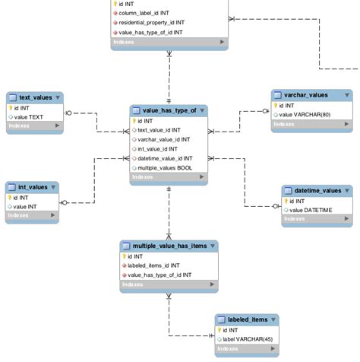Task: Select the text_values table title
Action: (x=35, y=97)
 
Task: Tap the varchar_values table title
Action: (x=307, y=95)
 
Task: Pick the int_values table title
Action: (x=33, y=187)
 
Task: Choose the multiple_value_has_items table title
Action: (x=169, y=246)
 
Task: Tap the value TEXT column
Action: (x=31, y=117)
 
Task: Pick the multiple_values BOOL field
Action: (x=165, y=167)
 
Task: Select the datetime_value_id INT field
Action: (x=165, y=158)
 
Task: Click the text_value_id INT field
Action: (x=161, y=130)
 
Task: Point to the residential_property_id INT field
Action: (x=151, y=23)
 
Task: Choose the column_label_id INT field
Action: (x=144, y=13)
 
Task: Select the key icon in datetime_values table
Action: (x=287, y=202)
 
